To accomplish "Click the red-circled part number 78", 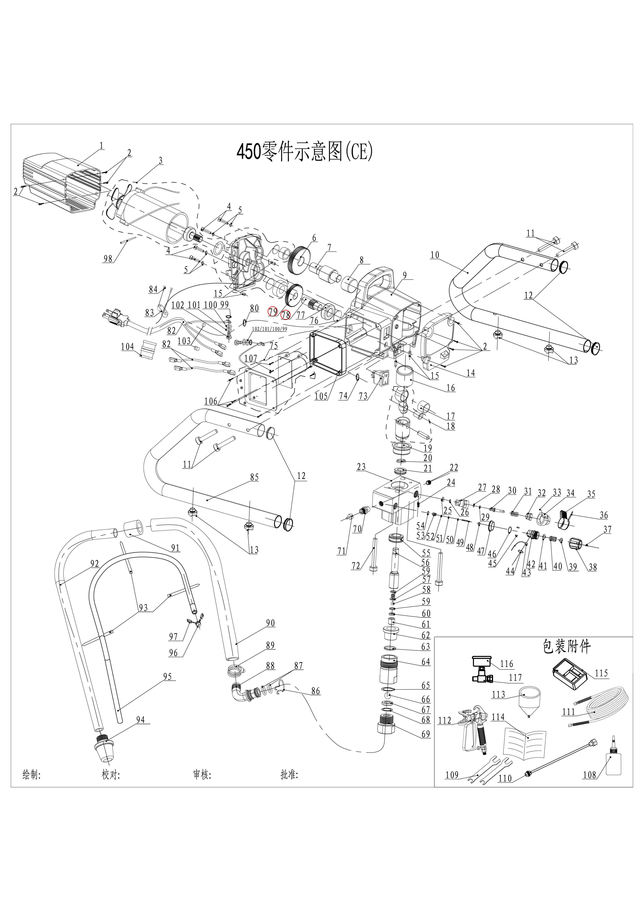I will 285,315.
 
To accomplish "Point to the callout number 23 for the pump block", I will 361,467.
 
